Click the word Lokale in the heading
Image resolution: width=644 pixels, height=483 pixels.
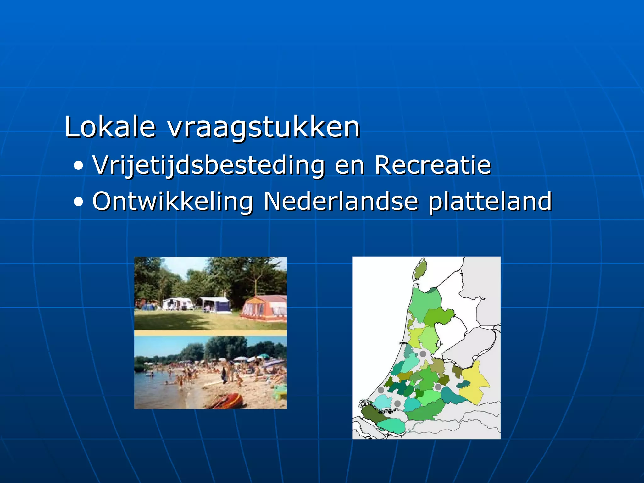[110, 127]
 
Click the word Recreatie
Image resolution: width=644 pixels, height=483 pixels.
[433, 165]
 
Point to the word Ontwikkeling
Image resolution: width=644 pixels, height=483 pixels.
[173, 202]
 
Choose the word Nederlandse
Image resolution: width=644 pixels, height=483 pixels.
[341, 201]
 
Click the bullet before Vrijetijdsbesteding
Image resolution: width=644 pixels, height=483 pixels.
[79, 166]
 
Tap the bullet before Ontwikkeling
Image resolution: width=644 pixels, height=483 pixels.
[79, 202]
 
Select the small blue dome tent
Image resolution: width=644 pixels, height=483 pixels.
[147, 307]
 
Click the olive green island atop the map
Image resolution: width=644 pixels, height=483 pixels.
[420, 269]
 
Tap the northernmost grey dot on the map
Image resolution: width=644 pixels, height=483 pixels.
[423, 354]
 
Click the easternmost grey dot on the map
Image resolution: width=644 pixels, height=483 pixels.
[438, 387]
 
